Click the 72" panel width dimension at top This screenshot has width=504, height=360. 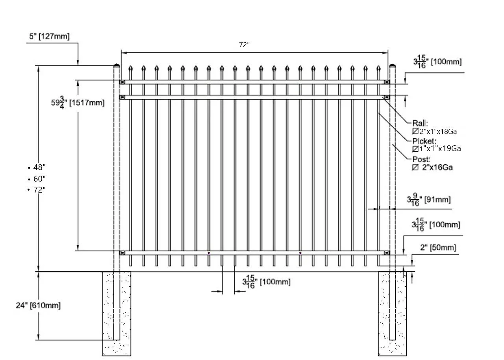pyautogui.click(x=244, y=45)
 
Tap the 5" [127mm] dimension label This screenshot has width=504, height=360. pyautogui.click(x=49, y=37)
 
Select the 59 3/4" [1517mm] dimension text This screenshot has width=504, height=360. pyautogui.click(x=81, y=102)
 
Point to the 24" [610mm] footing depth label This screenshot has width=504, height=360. pyautogui.click(x=38, y=305)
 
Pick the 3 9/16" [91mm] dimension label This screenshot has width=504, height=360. pyautogui.click(x=429, y=199)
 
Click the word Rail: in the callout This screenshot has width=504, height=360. pyautogui.click(x=420, y=123)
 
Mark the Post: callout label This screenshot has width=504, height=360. pyautogui.click(x=421, y=159)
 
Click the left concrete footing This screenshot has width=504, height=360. pyautogui.click(x=117, y=314)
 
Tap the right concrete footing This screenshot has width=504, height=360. pyautogui.click(x=392, y=314)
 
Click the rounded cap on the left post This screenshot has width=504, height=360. pyautogui.click(x=117, y=66)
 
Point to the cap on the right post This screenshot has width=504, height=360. pyautogui.click(x=392, y=66)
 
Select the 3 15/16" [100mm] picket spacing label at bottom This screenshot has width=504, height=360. pyautogui.click(x=266, y=282)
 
